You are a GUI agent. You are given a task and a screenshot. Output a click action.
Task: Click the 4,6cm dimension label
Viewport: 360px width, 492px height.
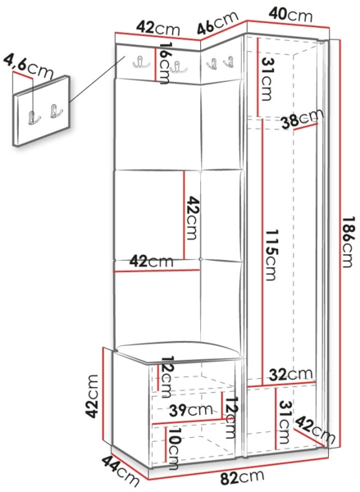coord(29,67)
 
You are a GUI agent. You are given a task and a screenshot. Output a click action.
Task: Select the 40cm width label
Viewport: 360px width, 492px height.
coord(291,15)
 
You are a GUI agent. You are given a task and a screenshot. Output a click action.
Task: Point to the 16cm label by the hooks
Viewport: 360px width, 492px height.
coord(164,63)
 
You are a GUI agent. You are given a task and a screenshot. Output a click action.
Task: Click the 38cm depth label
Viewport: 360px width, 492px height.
coord(302,119)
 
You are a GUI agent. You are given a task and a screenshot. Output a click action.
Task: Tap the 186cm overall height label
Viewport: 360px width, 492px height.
coord(348,242)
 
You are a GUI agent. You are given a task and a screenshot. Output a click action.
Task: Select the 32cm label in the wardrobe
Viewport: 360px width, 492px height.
coord(291,375)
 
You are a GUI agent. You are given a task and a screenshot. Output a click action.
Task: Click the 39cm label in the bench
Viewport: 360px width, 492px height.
coord(191,410)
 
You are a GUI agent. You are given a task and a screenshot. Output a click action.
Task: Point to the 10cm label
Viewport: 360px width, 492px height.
coord(174,449)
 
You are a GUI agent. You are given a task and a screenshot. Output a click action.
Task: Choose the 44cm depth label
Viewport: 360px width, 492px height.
coord(121,471)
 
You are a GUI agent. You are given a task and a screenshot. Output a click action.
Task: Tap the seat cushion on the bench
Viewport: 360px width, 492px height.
coord(180,352)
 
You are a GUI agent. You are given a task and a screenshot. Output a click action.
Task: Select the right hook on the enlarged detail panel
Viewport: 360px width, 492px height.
coord(56,111)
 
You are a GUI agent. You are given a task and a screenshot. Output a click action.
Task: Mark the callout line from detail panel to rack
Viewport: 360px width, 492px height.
coord(98,80)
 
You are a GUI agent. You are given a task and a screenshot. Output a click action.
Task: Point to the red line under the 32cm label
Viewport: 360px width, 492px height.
coord(281,384)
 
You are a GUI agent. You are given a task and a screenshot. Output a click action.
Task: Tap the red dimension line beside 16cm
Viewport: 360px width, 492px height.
coord(155,65)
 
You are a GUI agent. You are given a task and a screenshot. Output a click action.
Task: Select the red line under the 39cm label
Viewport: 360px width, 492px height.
coord(188,421)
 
